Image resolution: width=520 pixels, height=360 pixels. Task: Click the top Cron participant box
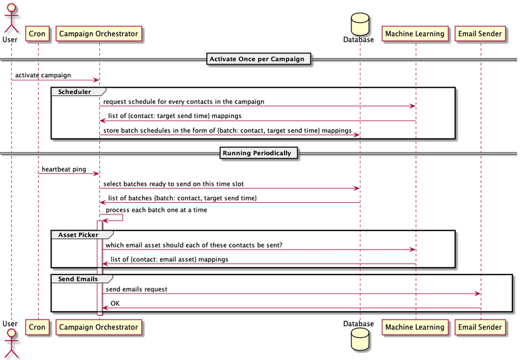click(37, 34)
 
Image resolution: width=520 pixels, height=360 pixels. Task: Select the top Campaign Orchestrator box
click(99, 34)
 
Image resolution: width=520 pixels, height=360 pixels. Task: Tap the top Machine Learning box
click(414, 34)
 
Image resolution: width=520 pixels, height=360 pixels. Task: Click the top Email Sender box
click(480, 34)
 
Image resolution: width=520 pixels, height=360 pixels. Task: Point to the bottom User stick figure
click(10, 342)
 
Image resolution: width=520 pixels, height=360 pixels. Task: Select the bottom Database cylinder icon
click(360, 339)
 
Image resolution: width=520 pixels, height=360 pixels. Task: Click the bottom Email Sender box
click(480, 327)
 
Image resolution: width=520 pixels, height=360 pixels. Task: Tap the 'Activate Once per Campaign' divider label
click(257, 60)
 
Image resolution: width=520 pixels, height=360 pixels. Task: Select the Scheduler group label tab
click(74, 92)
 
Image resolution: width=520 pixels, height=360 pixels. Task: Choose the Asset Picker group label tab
click(78, 235)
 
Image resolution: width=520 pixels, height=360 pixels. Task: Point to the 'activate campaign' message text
click(43, 75)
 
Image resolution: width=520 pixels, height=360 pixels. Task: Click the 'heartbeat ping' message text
click(64, 169)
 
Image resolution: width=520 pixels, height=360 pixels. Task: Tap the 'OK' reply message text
click(115, 303)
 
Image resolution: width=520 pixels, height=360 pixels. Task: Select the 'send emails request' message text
click(136, 289)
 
